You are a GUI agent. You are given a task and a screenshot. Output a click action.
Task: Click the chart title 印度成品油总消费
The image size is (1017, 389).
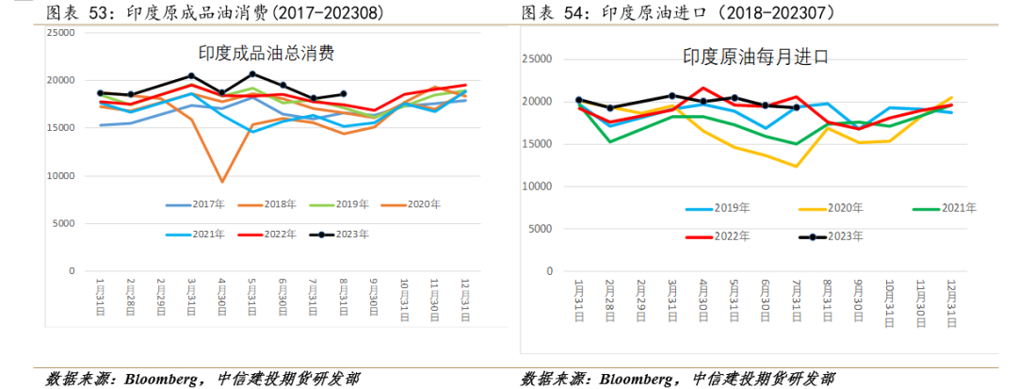[266, 54]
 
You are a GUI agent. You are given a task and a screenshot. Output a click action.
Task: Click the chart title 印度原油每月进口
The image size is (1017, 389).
[755, 57]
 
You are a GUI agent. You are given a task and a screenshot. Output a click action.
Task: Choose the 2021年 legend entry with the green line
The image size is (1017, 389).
[944, 208]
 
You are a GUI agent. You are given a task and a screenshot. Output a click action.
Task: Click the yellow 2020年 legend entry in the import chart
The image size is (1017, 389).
[831, 208]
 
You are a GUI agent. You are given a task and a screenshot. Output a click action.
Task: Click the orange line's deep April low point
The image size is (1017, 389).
[222, 182]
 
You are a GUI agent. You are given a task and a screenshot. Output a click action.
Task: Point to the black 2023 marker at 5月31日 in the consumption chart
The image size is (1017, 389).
[252, 73]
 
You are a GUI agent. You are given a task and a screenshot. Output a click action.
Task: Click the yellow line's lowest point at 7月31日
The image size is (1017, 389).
[796, 167]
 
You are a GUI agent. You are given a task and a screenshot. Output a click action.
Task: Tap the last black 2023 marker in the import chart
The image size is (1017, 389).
[797, 107]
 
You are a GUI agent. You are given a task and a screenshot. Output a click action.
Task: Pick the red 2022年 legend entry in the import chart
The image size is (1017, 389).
[718, 236]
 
